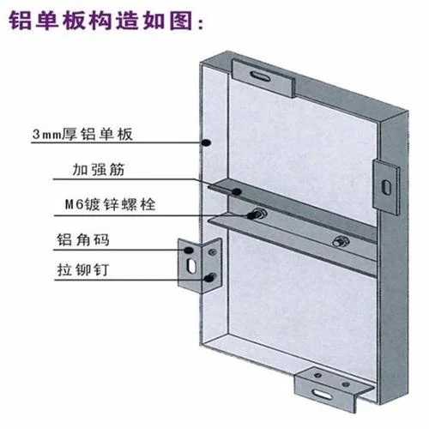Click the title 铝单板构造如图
[100, 21]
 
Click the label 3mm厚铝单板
[82, 134]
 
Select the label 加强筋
[99, 169]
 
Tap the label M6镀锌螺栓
[111, 204]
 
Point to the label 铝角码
[83, 239]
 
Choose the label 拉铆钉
[83, 269]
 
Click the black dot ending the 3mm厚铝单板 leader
[206, 142]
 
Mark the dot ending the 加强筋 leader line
[236, 191]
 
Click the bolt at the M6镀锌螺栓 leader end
[257, 214]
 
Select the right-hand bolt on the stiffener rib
[341, 241]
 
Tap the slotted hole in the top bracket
[260, 76]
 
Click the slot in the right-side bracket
[386, 186]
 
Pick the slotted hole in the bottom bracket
[323, 394]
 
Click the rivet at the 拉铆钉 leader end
[211, 277]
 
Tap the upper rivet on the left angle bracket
[213, 252]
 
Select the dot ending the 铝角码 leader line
[188, 251]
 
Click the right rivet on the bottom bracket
[346, 384]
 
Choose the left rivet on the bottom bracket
[317, 375]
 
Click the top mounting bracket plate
[263, 78]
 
